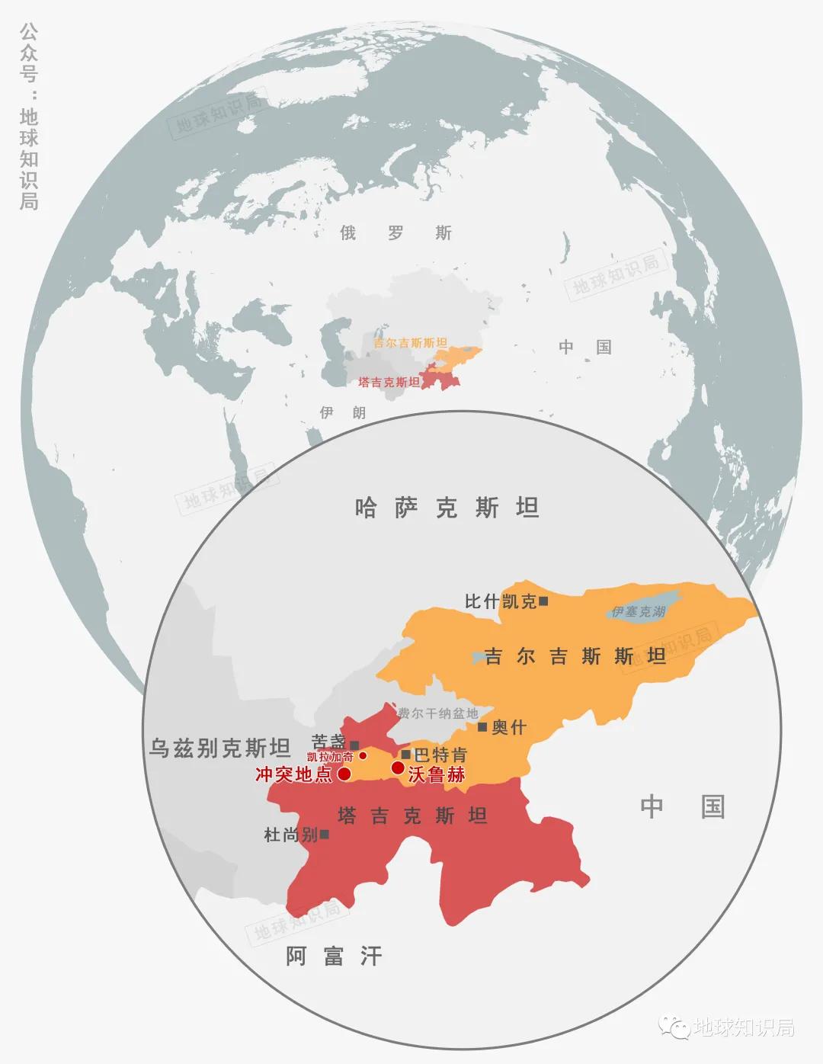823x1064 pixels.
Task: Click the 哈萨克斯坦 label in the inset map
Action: tap(447, 508)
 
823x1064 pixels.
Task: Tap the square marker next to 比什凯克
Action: tap(543, 601)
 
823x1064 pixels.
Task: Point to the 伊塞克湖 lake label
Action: tap(639, 611)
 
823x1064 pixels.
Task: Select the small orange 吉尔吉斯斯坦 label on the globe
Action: tap(410, 343)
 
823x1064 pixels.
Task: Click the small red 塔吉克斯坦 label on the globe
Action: tap(389, 382)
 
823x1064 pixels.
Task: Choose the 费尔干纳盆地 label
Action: tap(438, 713)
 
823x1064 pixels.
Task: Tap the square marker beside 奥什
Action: tap(482, 727)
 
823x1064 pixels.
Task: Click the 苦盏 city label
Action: tap(328, 742)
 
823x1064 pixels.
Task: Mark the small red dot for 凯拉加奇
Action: tap(363, 756)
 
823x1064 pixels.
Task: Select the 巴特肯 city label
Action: tap(440, 755)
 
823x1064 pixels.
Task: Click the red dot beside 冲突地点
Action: tap(344, 774)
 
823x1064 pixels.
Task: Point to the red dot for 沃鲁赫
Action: tap(398, 768)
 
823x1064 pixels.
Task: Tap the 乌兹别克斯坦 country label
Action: tap(219, 748)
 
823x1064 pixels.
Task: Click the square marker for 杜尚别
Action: tap(325, 835)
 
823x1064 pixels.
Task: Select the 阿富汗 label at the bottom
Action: tap(334, 956)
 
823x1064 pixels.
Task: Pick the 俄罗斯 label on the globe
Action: tap(395, 232)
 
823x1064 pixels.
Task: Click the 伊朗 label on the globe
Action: tap(343, 412)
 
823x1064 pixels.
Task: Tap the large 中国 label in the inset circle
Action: tap(682, 806)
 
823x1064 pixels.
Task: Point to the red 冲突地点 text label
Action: tap(293, 774)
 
